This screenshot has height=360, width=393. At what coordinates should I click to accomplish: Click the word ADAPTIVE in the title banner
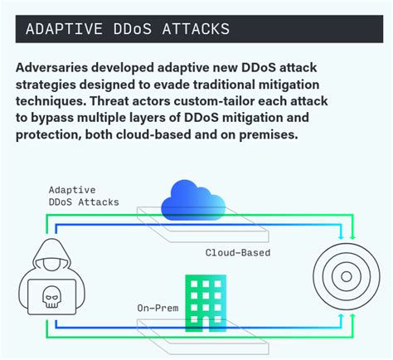click(60, 30)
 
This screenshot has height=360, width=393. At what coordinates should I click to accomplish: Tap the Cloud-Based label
click(237, 252)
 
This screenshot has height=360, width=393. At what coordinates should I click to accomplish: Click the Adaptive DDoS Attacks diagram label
click(83, 196)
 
